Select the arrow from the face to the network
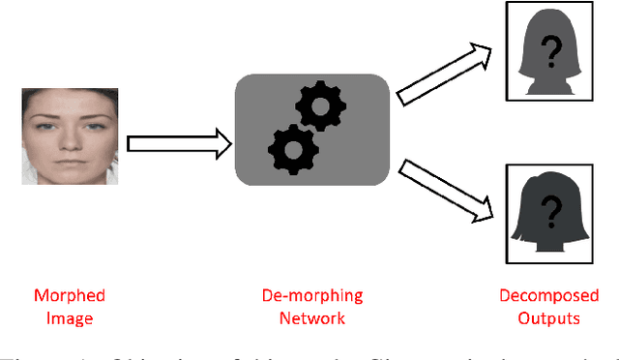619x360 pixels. tap(178, 145)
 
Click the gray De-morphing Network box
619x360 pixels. tap(312, 131)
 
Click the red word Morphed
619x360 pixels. tap(70, 295)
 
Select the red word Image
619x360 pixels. tap(70, 317)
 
